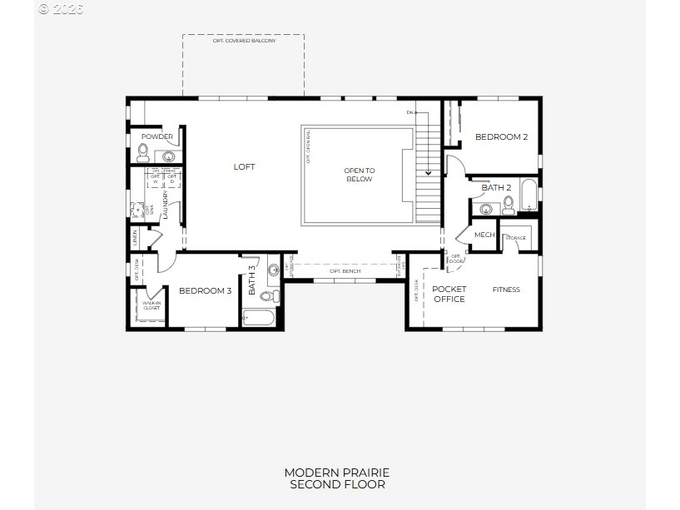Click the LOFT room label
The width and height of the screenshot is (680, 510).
[x=244, y=166]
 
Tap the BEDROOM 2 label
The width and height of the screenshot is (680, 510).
[x=501, y=137]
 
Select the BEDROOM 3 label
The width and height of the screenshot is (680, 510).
[x=205, y=290]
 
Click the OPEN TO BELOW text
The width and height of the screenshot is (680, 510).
[x=360, y=175]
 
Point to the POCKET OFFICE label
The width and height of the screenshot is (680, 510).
[x=449, y=294]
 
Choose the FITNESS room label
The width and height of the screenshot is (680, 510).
[x=506, y=290]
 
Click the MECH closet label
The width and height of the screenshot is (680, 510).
[x=484, y=235]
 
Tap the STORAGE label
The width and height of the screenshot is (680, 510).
[x=516, y=238]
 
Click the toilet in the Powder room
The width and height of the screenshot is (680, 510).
[x=142, y=152]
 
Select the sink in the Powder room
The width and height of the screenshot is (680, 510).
[x=169, y=156]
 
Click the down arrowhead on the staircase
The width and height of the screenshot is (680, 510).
[x=429, y=173]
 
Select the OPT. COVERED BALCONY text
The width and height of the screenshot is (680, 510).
[x=244, y=40]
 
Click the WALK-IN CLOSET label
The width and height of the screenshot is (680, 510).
[x=151, y=305]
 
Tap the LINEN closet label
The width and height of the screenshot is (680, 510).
[x=135, y=238]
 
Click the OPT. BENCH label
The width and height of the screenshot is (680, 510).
[x=345, y=271]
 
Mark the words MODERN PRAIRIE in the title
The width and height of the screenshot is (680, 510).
[x=337, y=473]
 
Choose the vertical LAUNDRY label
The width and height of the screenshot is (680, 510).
[x=166, y=204]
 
